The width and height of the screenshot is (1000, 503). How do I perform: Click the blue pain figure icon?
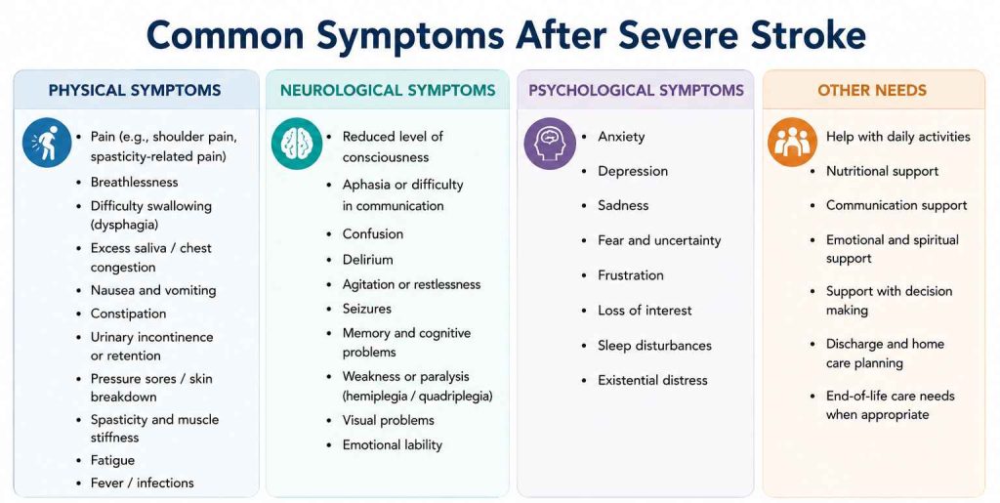[47, 143]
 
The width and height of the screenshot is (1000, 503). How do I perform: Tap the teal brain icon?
[296, 143]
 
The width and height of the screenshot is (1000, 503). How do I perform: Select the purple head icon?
[550, 143]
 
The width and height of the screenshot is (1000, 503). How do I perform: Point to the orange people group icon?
[792, 143]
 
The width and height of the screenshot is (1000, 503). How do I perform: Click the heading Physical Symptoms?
[135, 91]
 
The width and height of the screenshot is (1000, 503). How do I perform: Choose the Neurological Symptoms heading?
[388, 91]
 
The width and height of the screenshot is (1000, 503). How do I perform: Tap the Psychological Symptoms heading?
[636, 91]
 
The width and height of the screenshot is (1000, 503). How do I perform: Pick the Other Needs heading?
[872, 91]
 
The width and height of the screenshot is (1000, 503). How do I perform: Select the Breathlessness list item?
[134, 183]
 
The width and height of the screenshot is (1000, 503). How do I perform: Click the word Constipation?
[128, 314]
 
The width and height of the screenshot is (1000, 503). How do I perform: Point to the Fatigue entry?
[112, 460]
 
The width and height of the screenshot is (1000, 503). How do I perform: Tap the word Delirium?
[367, 260]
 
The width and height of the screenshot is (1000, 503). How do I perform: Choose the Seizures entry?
[367, 309]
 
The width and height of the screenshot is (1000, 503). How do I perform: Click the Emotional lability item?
[393, 445]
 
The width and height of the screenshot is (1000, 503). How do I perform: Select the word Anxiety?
[621, 137]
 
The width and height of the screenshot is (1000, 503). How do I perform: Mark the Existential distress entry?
[652, 380]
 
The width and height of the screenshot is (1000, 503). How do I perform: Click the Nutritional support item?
[882, 172]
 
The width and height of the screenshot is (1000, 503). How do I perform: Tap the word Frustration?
[630, 275]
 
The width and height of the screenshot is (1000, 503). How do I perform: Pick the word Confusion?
[372, 234]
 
